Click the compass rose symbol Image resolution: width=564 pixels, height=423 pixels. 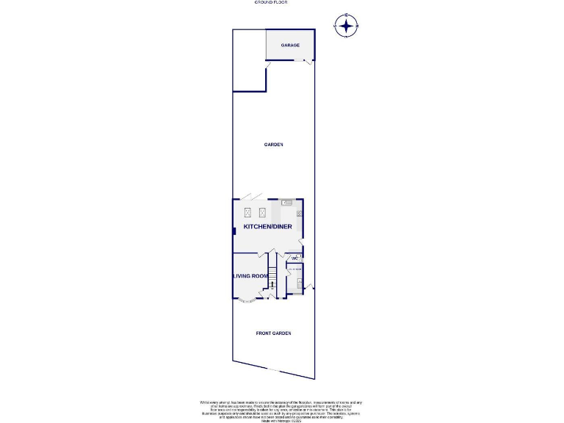coord(345,26)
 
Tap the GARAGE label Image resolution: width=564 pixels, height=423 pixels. coord(290,46)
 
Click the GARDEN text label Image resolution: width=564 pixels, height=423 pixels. coord(273,145)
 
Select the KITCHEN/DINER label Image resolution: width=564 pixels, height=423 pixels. coord(268,226)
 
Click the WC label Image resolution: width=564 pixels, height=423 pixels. coord(294,258)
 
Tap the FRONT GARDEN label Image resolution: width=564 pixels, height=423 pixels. coord(273,333)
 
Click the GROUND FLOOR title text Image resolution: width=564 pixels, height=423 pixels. coord(271,3)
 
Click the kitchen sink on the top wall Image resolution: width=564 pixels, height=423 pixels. coord(286,203)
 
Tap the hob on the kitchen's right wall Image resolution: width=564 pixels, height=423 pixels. coord(300,214)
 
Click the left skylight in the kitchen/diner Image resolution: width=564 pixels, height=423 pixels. coord(247,212)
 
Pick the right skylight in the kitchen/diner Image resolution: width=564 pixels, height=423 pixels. coord(262,212)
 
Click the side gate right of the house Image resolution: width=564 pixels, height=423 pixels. coord(311,287)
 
